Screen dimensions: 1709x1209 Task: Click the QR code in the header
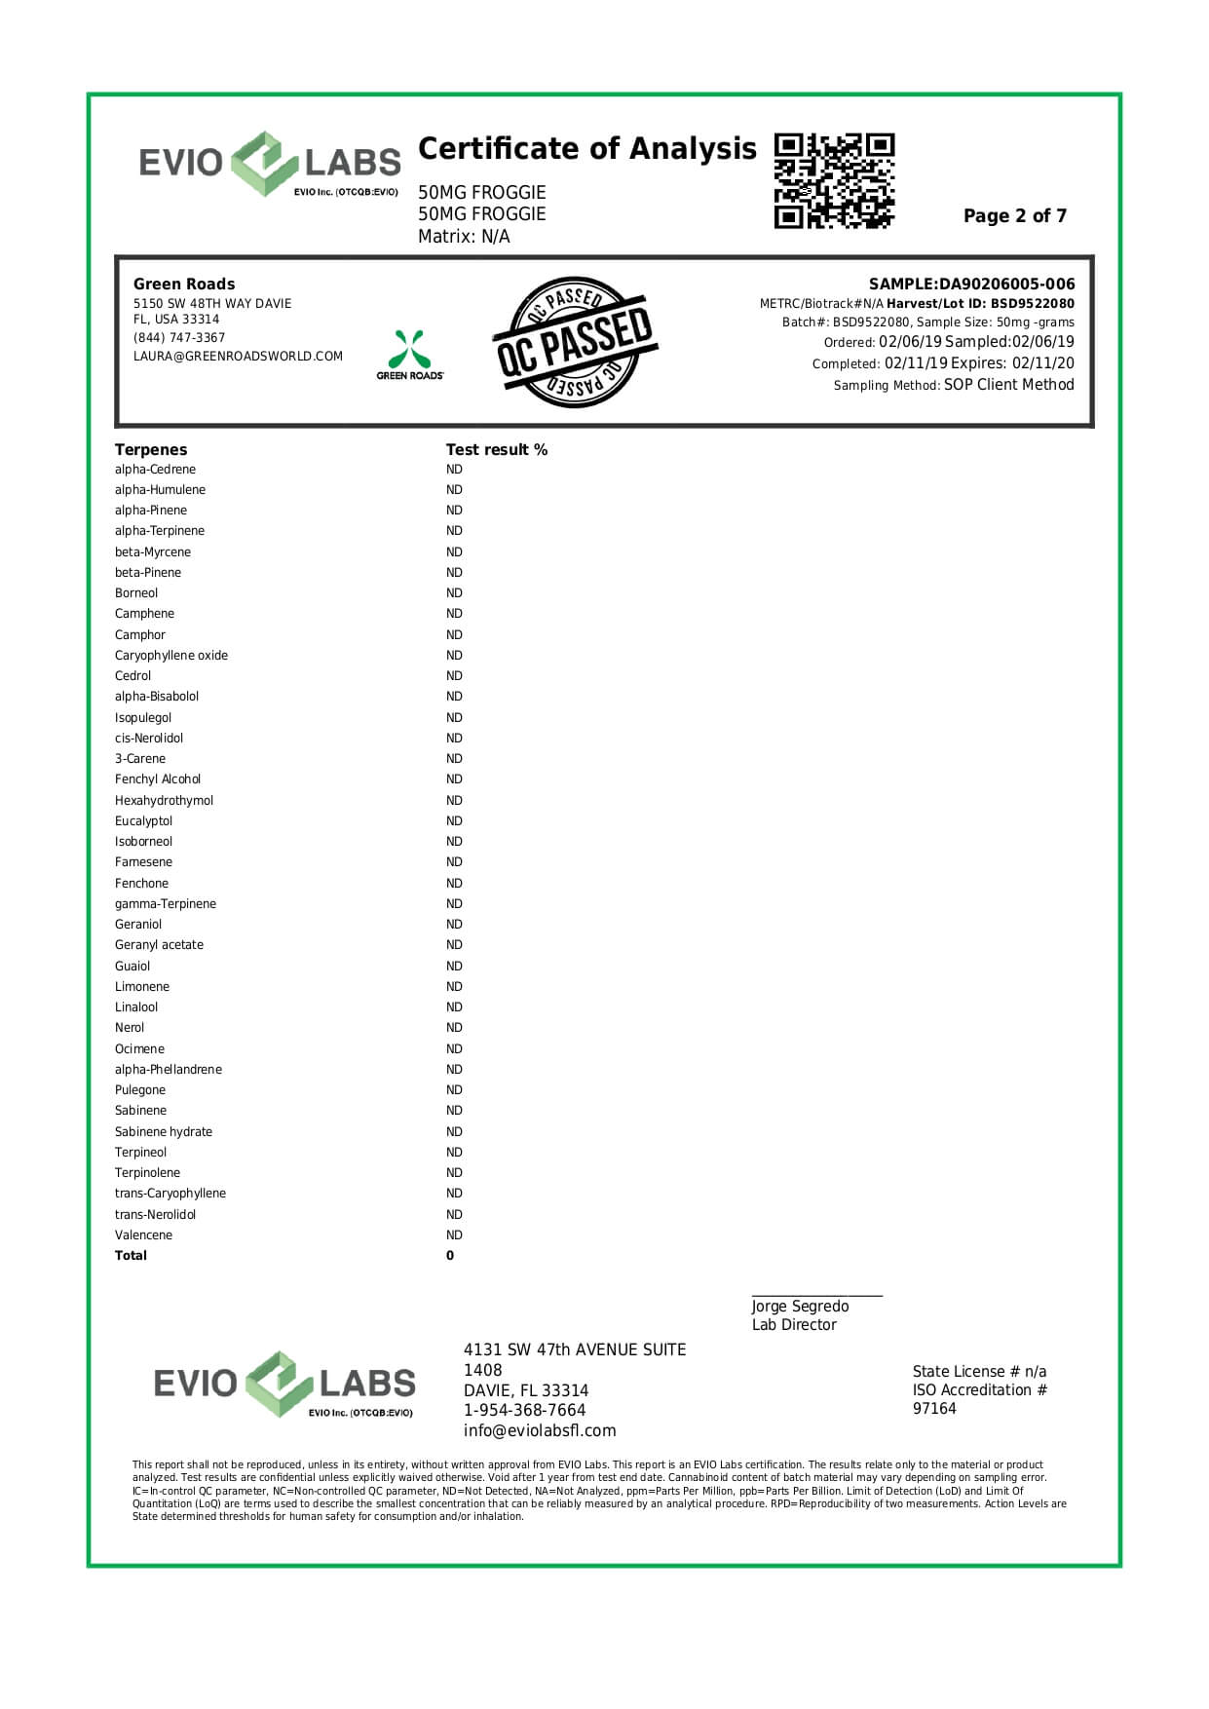[834, 181]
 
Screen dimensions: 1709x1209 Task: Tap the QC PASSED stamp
[573, 342]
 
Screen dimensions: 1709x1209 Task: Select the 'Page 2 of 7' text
[1014, 216]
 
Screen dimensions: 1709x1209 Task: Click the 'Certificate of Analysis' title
[586, 149]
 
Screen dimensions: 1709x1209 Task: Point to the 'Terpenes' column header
[151, 449]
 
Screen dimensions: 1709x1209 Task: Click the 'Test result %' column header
[497, 449]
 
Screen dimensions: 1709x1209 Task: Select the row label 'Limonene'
[142, 987]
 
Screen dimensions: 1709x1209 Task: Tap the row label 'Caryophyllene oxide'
[171, 656]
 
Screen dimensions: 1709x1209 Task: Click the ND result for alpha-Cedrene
[454, 470]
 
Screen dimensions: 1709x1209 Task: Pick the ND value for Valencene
[454, 1235]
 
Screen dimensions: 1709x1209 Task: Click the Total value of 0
[450, 1256]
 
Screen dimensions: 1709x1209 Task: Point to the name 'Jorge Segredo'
[800, 1307]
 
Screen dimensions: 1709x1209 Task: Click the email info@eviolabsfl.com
[540, 1431]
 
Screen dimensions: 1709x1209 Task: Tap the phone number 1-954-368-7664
[525, 1411]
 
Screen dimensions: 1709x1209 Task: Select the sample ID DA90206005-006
[1006, 285]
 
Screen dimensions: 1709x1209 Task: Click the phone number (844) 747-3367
[179, 338]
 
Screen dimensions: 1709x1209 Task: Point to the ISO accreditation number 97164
[934, 1409]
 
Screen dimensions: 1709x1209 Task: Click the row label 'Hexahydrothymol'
[164, 801]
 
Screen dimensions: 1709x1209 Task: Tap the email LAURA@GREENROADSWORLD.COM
[238, 357]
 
